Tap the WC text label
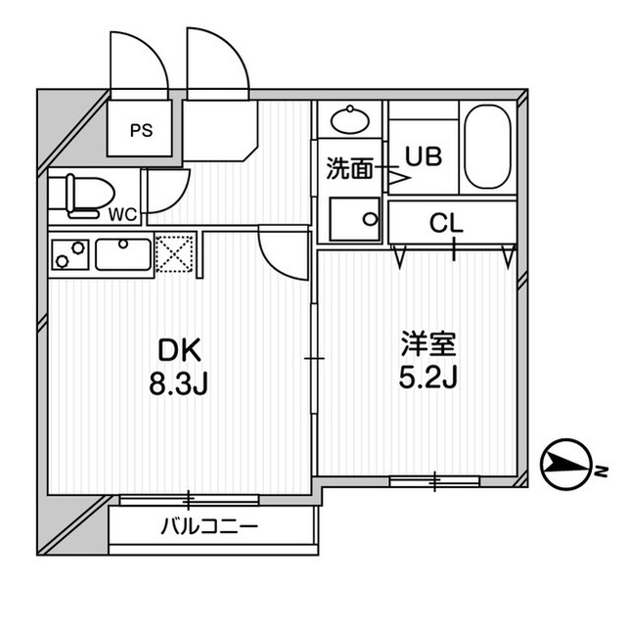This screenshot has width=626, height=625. [122, 214]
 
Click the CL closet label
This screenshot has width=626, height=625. [446, 224]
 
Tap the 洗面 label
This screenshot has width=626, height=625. [349, 168]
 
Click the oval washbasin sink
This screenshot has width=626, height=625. [349, 120]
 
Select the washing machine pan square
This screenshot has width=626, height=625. [354, 219]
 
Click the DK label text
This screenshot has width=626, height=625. [177, 348]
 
